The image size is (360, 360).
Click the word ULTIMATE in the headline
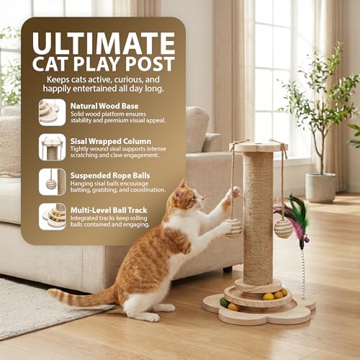pyautogui.click(x=102, y=40)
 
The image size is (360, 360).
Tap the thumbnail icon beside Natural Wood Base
pyautogui.click(x=51, y=112)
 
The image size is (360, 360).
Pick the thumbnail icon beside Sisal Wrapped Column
pyautogui.click(x=51, y=147)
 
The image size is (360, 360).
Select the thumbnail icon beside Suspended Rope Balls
pyautogui.click(x=51, y=181)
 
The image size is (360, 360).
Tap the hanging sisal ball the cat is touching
pyautogui.click(x=233, y=227)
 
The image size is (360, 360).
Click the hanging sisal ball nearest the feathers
pyautogui.click(x=284, y=228)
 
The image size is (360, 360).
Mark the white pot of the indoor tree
pyautogui.click(x=320, y=187)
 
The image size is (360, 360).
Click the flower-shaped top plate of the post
pyautogui.click(x=258, y=147)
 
